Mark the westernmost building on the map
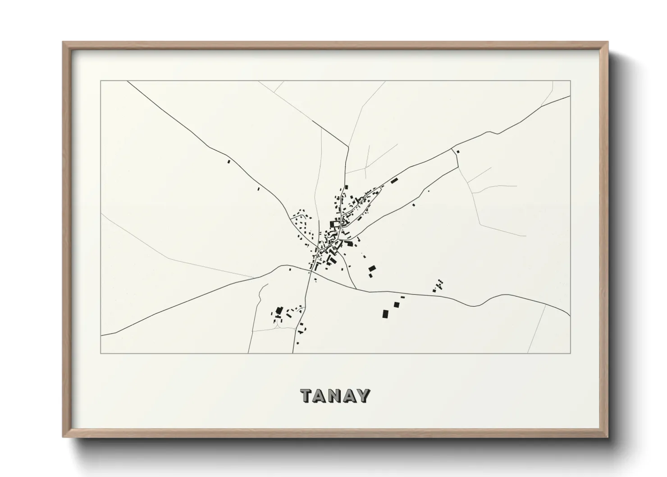pos(228,161)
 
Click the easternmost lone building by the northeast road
pos(458,151)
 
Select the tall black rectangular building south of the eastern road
pos(385,314)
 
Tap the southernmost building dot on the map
pos(297,344)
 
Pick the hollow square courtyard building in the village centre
pos(334,224)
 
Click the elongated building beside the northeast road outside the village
pos(395,181)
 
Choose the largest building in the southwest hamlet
pos(279,311)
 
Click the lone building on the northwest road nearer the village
pos(258,189)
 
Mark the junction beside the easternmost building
pos(453,150)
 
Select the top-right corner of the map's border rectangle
pos(570,81)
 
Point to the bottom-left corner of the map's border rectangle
pos(101,353)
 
